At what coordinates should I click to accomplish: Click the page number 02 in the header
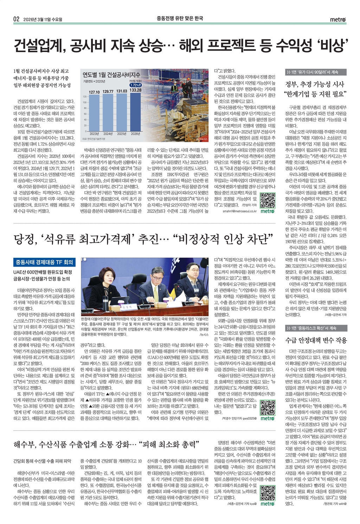click(x=17, y=19)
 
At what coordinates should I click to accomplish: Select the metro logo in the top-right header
click(x=338, y=20)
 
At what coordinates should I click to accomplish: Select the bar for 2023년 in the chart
click(x=94, y=113)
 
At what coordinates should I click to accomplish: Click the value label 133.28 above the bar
click(x=135, y=90)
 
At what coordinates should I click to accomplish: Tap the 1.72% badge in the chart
click(x=135, y=85)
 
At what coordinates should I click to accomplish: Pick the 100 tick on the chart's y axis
click(x=84, y=102)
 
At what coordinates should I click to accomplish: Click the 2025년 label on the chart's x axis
click(x=122, y=134)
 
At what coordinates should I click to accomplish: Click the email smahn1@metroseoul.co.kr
click(x=241, y=211)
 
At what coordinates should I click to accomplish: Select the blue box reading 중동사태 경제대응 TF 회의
click(x=44, y=262)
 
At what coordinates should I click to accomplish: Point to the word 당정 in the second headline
click(x=24, y=241)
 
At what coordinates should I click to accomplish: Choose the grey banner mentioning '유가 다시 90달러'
click(x=316, y=72)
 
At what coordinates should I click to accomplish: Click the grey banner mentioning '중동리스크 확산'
click(x=316, y=328)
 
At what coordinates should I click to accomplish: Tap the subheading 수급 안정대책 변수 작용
click(x=316, y=340)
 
